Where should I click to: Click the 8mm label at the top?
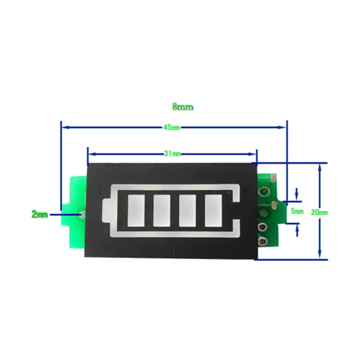click(x=183, y=107)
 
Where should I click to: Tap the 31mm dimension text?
click(x=172, y=154)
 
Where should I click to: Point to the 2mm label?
click(x=40, y=215)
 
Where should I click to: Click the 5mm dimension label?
click(x=297, y=211)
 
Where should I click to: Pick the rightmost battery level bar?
click(x=213, y=210)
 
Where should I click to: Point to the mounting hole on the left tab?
click(x=81, y=215)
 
